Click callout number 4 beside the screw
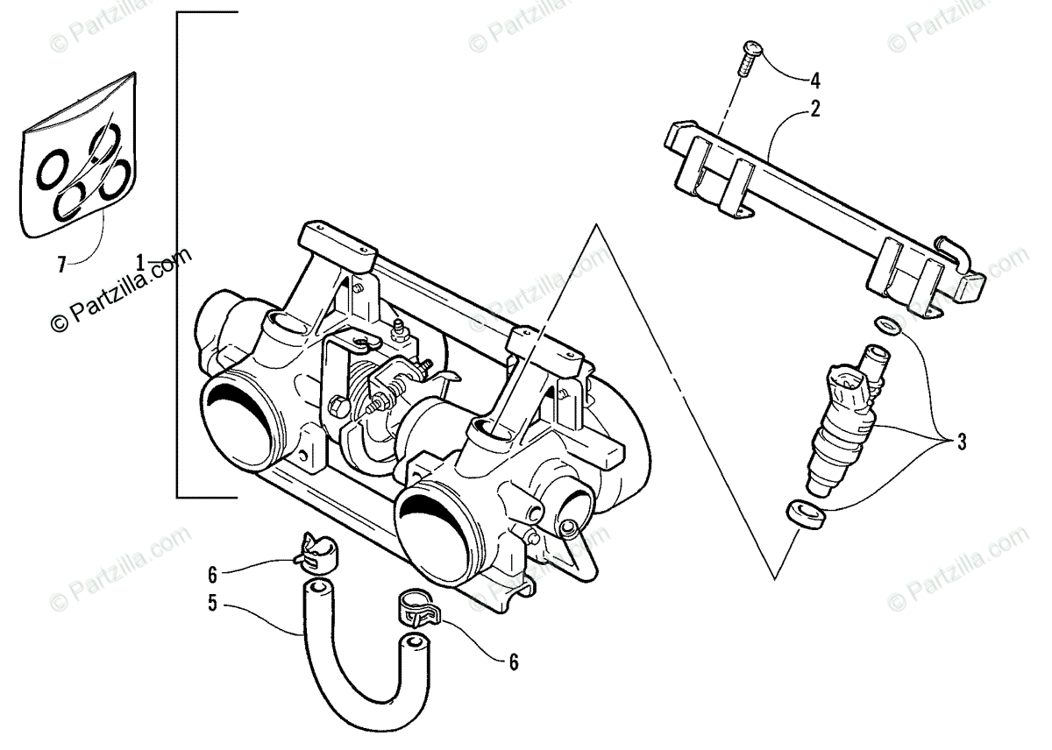coord(814,81)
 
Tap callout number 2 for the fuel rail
coord(814,110)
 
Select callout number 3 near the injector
coord(962,442)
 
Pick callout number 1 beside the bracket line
coord(140,261)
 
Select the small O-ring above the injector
coord(887,327)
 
